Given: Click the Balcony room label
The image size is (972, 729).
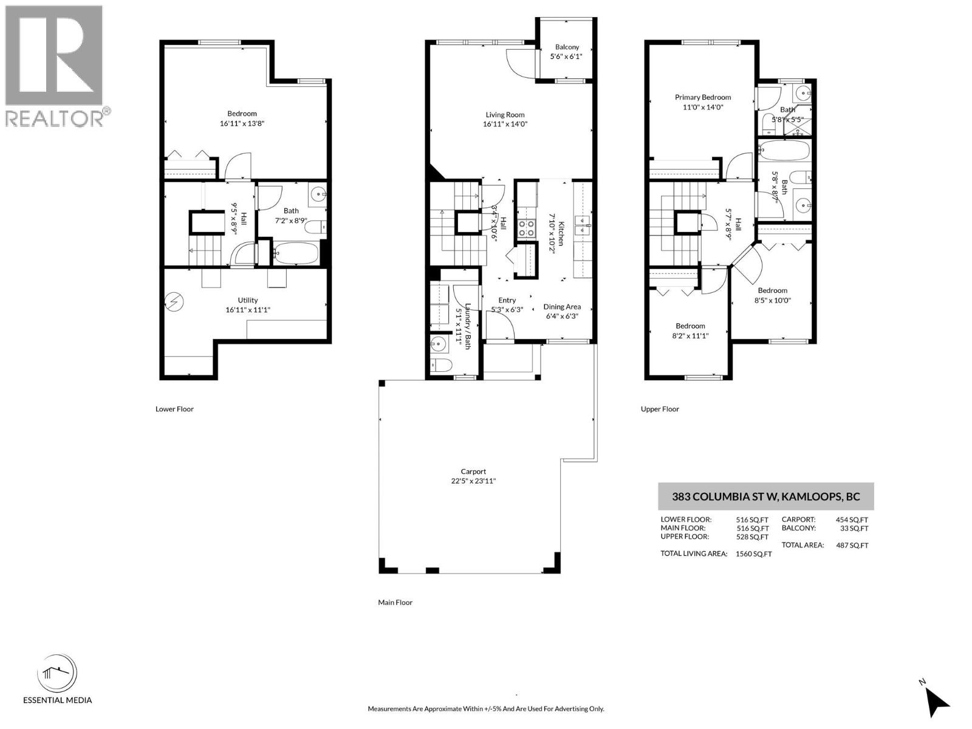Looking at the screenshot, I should tap(567, 47).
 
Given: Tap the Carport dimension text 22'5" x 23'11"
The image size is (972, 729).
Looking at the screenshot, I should tap(473, 481).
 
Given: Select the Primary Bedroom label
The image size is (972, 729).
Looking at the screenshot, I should tap(703, 97).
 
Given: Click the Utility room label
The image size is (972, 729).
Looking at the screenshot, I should tap(248, 300).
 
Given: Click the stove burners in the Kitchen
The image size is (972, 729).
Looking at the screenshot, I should tap(526, 228).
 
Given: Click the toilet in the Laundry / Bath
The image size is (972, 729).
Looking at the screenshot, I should tap(439, 364).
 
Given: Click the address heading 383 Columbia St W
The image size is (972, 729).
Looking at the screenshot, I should tap(765, 496).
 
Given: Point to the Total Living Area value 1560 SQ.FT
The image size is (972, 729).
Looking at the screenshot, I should tap(753, 554).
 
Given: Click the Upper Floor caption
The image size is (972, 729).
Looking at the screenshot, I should tap(660, 409).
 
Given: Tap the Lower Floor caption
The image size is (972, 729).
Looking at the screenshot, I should tap(174, 409).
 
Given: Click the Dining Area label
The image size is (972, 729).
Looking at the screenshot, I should tap(562, 307).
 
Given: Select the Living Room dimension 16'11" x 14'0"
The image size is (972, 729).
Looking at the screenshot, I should tap(505, 124).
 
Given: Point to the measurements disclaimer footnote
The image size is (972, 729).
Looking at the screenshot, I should tap(485, 709).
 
